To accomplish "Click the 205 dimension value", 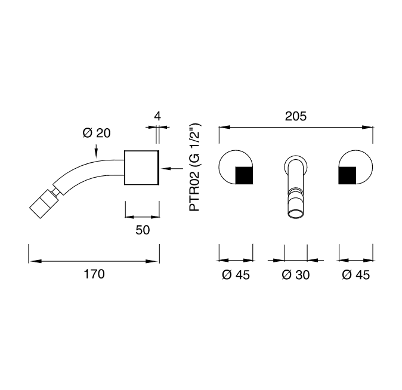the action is tap(296, 116).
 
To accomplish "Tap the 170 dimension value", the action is tap(94, 274).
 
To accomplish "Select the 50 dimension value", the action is tap(143, 230).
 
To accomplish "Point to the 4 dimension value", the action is tap(157, 116).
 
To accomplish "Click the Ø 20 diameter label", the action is tap(97, 133).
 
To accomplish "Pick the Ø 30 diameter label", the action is tap(296, 275).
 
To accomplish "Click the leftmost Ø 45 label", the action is tap(236, 275).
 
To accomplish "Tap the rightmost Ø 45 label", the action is tap(356, 275).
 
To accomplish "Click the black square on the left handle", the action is tap(244, 175).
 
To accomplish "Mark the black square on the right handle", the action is tap(347, 175).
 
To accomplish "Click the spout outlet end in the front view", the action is tap(296, 214).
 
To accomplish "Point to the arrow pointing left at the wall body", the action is tap(172, 168).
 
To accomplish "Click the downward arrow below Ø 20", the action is tap(96, 150).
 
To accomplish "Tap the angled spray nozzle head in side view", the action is tap(42, 204).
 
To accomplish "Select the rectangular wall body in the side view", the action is tap(141, 168).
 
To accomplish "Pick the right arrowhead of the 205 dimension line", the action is tap(367, 127).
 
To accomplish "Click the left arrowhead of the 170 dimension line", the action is tap(35, 261).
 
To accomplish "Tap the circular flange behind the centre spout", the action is tap(296, 166).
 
